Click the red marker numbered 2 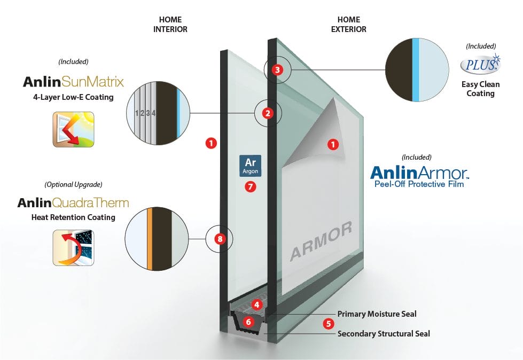coord(268,113)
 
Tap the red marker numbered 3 coord(276,69)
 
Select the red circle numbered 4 coord(257,305)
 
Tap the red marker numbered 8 coord(219,239)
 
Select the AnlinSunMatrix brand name coord(74,82)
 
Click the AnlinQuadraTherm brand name coord(73,203)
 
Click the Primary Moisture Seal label coord(377,314)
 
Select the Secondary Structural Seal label coord(384,334)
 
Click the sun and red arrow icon coord(73,129)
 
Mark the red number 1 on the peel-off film coord(334,144)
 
